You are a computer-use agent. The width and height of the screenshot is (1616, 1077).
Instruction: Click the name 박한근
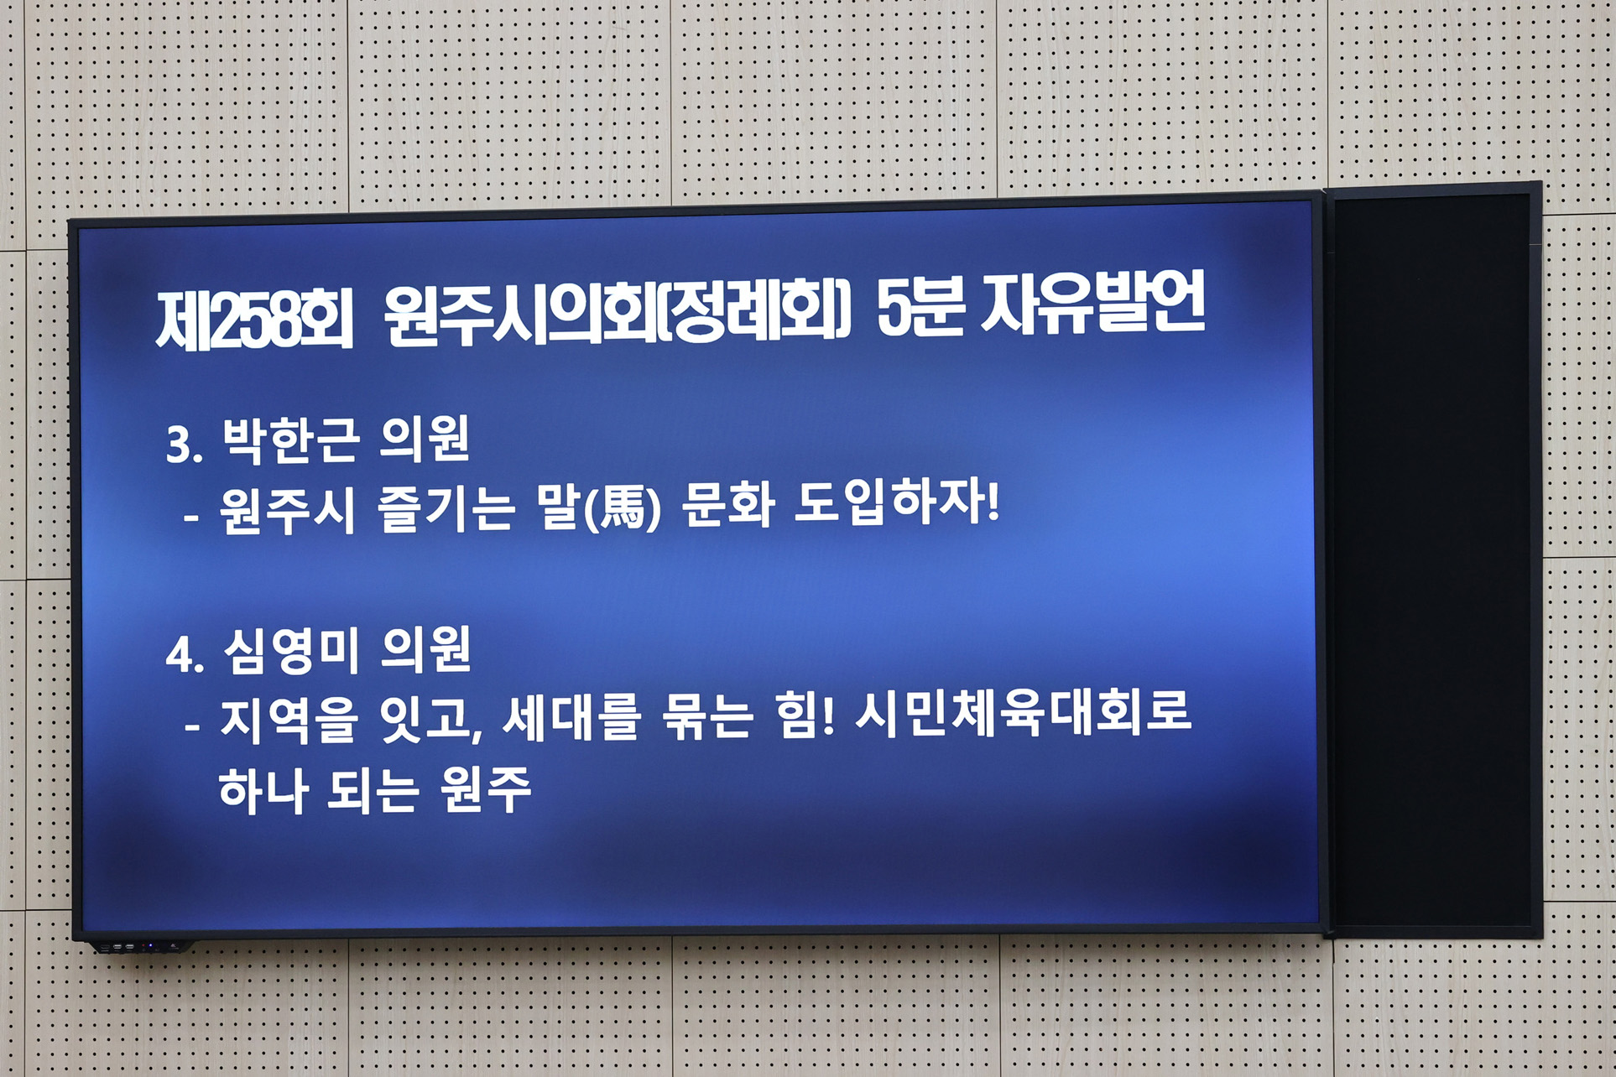[291, 440]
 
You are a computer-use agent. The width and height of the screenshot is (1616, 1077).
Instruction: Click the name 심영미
[291, 652]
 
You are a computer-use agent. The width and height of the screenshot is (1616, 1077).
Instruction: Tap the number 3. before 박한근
[184, 445]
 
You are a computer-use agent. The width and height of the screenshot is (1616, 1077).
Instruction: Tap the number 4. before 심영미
[185, 656]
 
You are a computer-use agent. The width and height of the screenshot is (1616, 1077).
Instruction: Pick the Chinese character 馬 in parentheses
[621, 508]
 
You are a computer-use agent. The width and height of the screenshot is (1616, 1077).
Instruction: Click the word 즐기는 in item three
[445, 509]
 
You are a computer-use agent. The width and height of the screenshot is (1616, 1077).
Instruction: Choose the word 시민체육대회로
[1023, 715]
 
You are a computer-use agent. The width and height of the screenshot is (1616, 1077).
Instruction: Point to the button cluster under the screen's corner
[138, 947]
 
